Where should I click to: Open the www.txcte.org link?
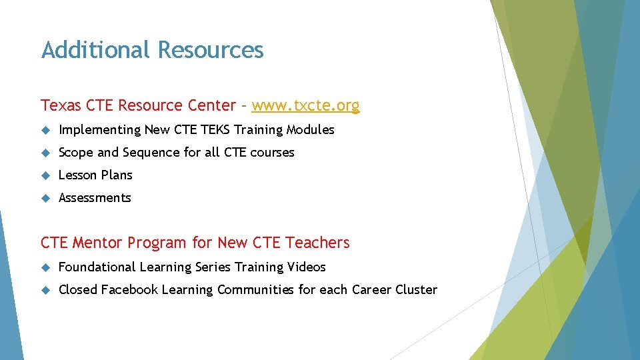pos(305,105)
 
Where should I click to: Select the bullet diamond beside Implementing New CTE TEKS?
pos(45,130)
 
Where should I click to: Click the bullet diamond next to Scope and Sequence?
pos(45,153)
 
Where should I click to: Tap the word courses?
pos(272,153)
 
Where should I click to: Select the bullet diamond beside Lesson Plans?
pos(45,175)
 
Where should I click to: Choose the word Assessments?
pos(95,198)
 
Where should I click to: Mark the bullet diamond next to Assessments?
pos(45,198)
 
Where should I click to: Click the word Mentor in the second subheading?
pos(97,243)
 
